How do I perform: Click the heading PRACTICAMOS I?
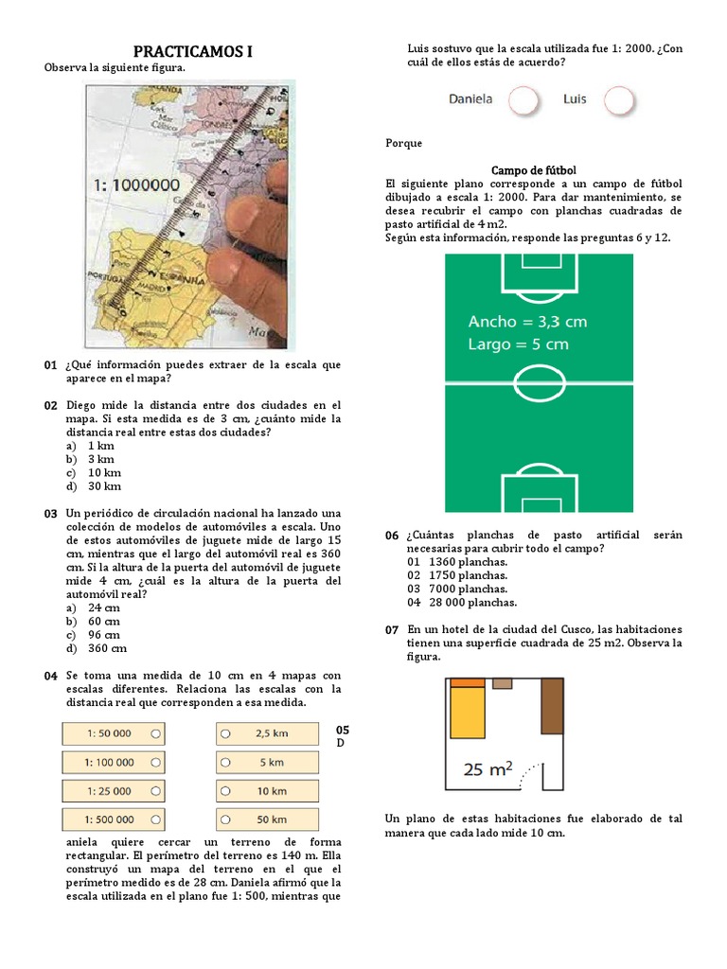(192, 51)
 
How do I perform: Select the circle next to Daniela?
(523, 99)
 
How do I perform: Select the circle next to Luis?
(618, 99)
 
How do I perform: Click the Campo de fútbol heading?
(533, 169)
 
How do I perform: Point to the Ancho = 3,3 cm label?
(527, 322)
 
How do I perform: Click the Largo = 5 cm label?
(518, 344)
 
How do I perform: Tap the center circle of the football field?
(539, 383)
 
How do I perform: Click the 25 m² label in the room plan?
(488, 769)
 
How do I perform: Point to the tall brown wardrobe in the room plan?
(552, 705)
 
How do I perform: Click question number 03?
(50, 514)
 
